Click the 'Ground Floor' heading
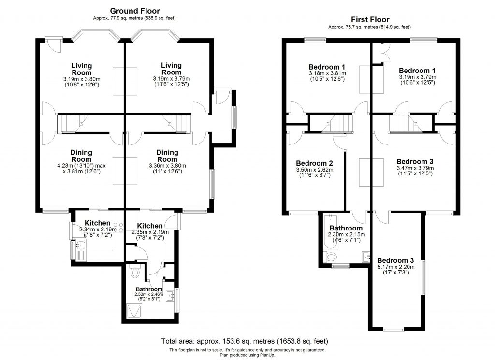[134, 11]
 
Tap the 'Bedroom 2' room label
[314, 163]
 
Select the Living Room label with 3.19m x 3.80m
[81, 69]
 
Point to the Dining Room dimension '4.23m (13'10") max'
[81, 166]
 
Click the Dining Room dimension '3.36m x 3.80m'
[168, 165]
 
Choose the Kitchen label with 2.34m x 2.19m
[97, 223]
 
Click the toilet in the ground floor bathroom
[135, 274]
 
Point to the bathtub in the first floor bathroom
[330, 235]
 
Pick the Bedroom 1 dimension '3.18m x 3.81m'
[326, 73]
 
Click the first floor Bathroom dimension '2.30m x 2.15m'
[346, 235]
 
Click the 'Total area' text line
[247, 341]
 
